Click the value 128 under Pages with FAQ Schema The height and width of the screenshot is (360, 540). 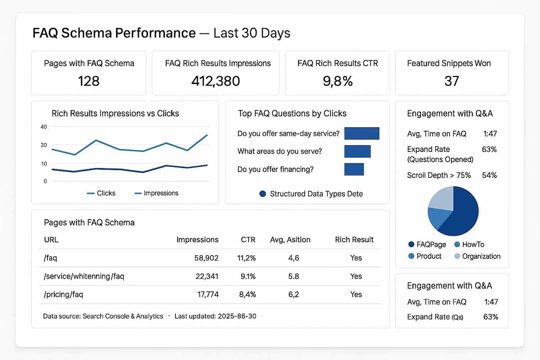tap(89, 81)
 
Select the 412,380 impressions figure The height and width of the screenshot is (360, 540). tap(215, 81)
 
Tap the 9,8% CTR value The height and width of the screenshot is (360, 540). tap(337, 81)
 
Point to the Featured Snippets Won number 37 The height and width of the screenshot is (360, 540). tap(451, 81)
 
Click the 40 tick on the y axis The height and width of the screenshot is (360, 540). tap(44, 127)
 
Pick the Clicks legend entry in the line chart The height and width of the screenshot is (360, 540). tap(102, 193)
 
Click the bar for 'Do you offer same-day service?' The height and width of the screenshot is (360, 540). tap(361, 133)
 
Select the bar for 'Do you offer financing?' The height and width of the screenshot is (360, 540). tap(354, 169)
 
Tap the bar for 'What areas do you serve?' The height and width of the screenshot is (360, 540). tap(357, 151)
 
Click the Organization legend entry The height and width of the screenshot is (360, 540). tap(477, 256)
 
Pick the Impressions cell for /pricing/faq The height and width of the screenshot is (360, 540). tap(208, 294)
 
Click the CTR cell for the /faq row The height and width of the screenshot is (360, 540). tap(246, 258)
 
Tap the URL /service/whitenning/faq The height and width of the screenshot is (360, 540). tap(84, 276)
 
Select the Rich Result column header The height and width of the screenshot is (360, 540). tap(354, 240)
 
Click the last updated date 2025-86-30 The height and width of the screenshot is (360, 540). tap(237, 316)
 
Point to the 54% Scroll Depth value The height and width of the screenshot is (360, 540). tap(489, 175)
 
